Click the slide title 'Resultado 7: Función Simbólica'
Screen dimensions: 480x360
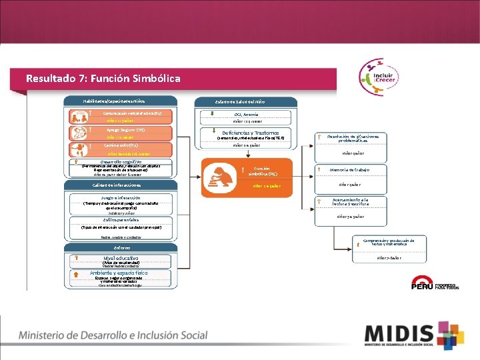click(103, 79)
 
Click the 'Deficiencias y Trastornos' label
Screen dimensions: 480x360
click(246, 132)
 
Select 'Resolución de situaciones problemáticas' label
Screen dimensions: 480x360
click(353, 139)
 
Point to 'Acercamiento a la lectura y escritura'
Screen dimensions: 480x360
click(350, 201)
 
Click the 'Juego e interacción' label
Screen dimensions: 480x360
click(121, 198)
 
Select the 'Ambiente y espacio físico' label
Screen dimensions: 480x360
click(119, 273)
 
